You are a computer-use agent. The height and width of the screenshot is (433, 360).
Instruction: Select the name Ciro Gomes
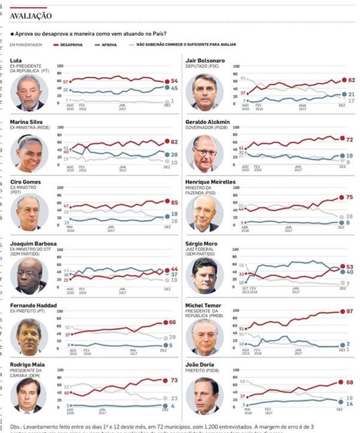[27, 181]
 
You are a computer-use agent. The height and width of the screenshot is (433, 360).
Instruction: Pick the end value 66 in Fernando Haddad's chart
[173, 322]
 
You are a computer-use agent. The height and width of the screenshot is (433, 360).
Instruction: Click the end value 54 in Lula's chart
[175, 81]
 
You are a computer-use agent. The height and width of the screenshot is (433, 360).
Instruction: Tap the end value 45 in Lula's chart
[175, 88]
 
